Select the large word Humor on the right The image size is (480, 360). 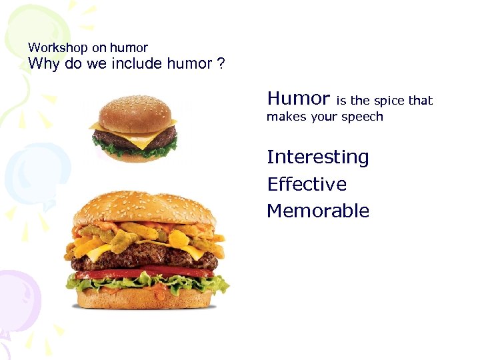coord(298,99)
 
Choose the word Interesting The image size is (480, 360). coord(317,157)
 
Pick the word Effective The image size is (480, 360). coord(307,184)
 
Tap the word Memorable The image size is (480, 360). coord(317,211)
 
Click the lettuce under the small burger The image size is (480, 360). coord(133,152)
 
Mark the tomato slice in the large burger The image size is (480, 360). coord(133,273)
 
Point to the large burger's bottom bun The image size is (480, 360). coord(147,299)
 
